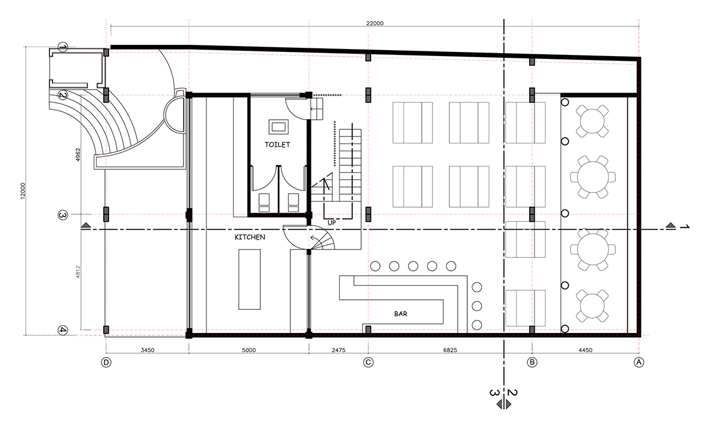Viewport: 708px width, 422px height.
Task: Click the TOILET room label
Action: pos(277,145)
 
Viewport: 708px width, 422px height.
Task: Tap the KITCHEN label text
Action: pos(250,237)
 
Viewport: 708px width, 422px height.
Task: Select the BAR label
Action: pos(401,314)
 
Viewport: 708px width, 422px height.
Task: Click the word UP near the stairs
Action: pos(332,223)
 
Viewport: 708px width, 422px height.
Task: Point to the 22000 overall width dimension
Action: pos(375,24)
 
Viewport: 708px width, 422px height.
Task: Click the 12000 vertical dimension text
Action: pos(23,191)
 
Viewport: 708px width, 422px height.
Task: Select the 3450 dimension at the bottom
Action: pos(147,350)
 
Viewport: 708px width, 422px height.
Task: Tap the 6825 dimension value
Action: pos(450,350)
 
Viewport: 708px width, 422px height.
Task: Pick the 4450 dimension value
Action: pos(585,350)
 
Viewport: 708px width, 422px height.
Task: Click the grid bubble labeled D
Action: pos(106,362)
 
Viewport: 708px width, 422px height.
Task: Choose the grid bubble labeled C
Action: pos(368,362)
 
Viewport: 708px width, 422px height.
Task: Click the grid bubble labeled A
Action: pos(639,362)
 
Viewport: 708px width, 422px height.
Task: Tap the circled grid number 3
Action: pos(63,215)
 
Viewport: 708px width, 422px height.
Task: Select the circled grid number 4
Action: pos(63,331)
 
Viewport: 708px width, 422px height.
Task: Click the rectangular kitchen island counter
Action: pos(250,279)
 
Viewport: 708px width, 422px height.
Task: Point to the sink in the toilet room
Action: pos(278,127)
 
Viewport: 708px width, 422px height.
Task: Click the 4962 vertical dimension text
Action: pos(78,155)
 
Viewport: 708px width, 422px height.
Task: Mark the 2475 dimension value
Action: pos(339,350)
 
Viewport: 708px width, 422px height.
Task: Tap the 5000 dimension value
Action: pos(249,350)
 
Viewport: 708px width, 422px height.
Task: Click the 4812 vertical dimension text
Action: pos(78,272)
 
